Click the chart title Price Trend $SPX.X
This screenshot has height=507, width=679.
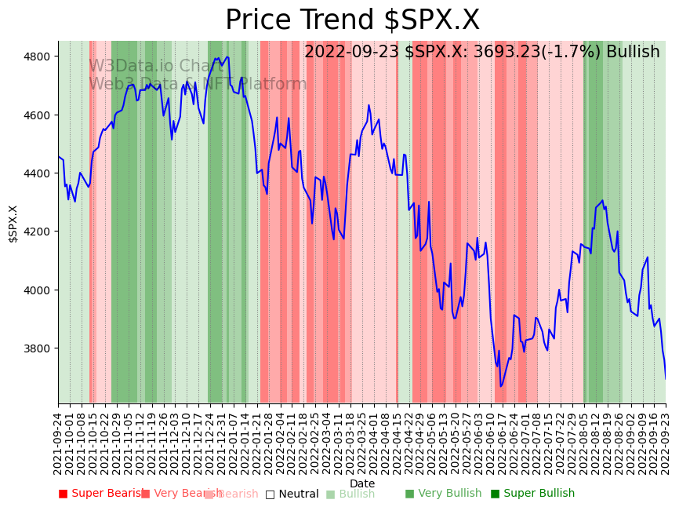coord(352,20)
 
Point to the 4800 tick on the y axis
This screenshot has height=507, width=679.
coord(38,57)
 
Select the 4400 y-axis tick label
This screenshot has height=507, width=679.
coord(38,173)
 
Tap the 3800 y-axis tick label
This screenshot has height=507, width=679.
coord(38,348)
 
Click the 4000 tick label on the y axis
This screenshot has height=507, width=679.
coord(38,290)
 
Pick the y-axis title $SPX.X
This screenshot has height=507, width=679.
coord(13,224)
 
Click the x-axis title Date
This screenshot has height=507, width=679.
coord(362,483)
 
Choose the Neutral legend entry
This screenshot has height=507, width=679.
coord(292,494)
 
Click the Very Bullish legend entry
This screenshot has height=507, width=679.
coord(443,494)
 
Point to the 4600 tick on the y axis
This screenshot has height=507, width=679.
coord(38,115)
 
